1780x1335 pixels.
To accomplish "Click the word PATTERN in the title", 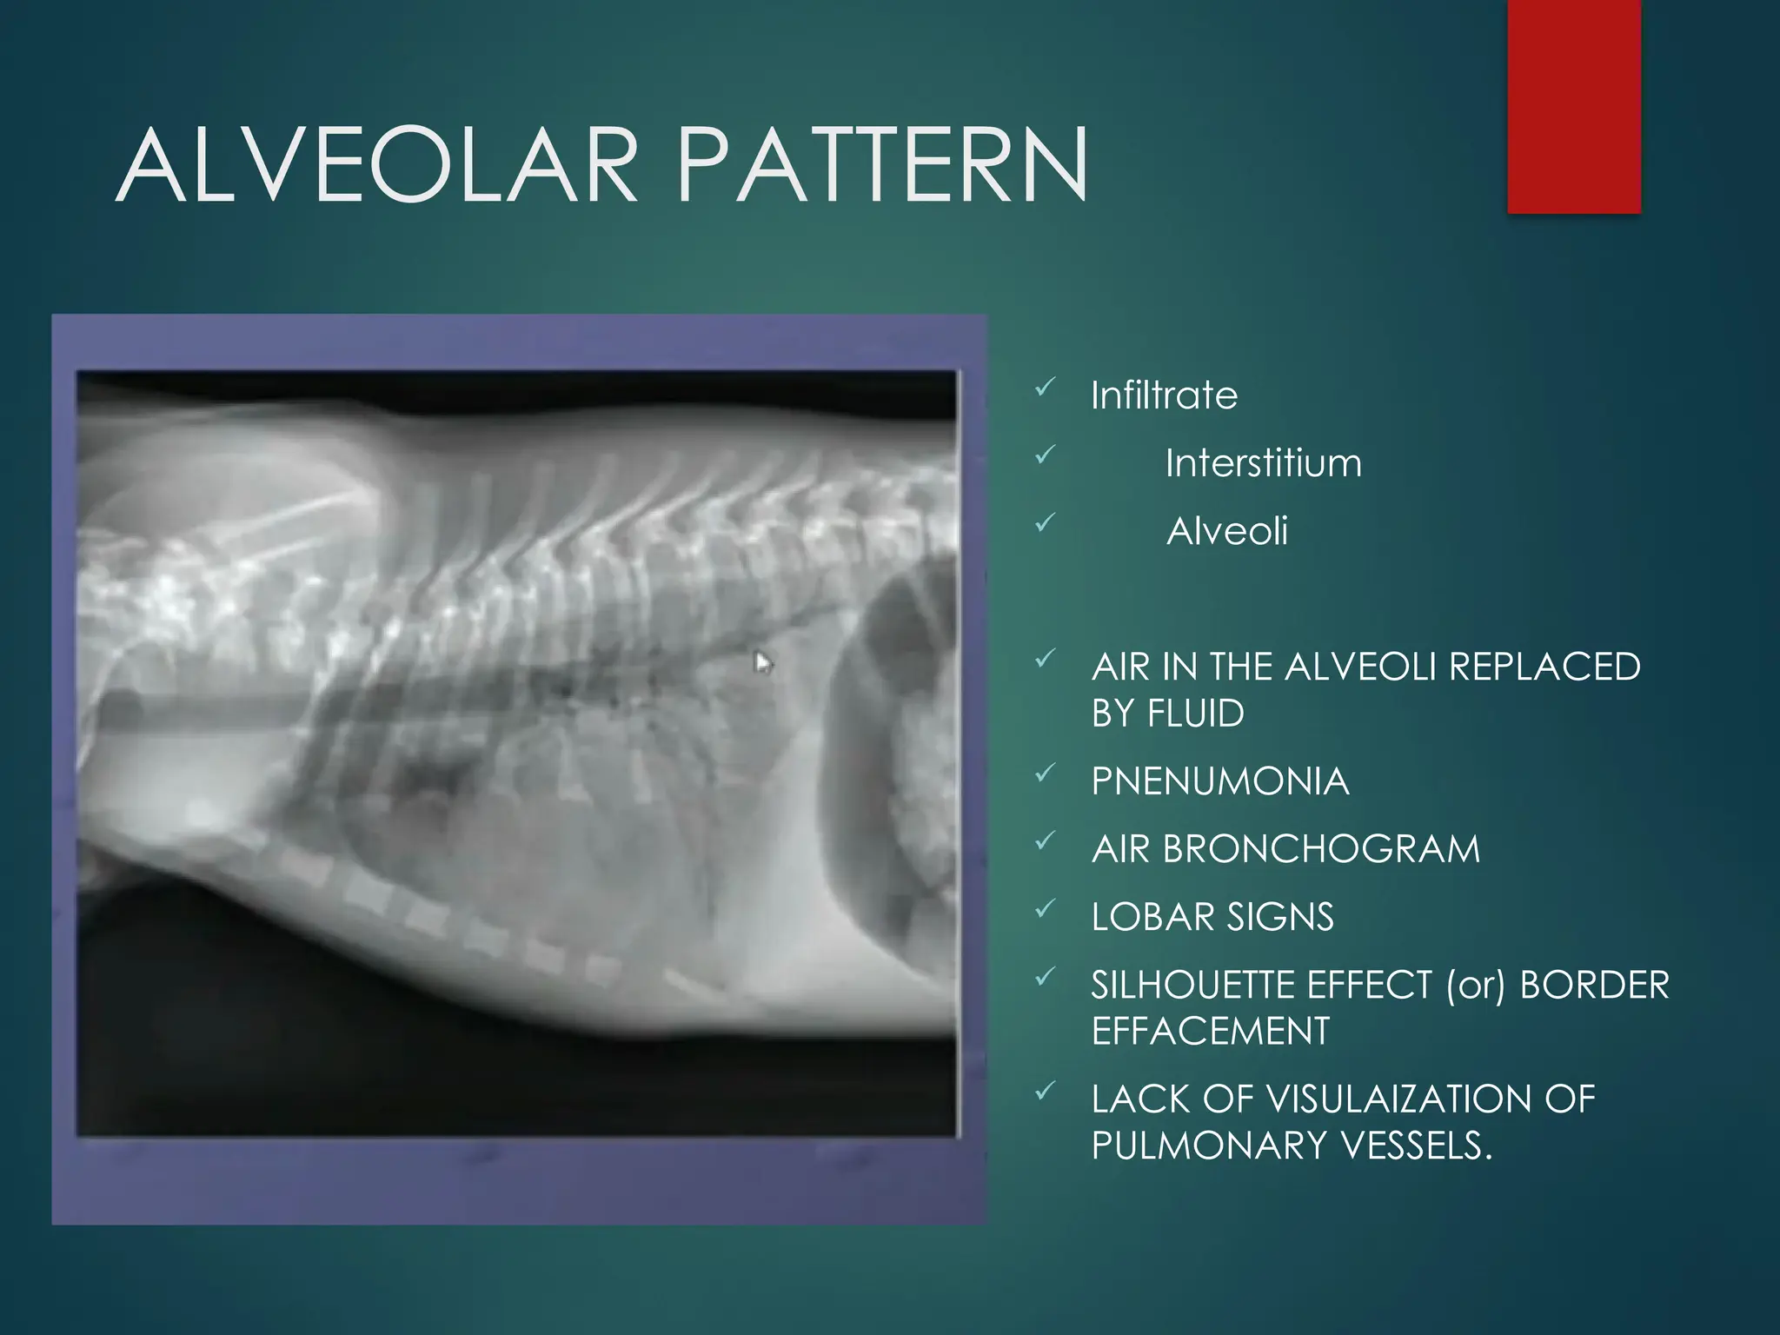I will pos(881,166).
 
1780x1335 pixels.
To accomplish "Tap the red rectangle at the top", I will pos(1573,106).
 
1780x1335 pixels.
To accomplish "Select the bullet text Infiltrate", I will pos(1164,395).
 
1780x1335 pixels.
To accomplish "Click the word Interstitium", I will pos(1263,463).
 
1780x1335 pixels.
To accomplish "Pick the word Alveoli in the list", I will pos(1226,531).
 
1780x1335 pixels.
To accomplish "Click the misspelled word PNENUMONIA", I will pos(1219,781).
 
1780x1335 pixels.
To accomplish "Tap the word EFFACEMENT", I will pos(1210,1032).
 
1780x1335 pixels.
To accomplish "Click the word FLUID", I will pos(1196,714).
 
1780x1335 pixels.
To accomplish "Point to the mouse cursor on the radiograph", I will pos(762,663).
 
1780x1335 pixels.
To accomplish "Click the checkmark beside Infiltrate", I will pos(1046,387).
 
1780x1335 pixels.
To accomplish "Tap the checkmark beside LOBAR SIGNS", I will pos(1046,908).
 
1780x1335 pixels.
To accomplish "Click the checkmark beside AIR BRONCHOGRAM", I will pos(1046,840).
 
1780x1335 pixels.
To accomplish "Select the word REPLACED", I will pos(1544,667).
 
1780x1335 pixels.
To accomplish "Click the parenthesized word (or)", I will pos(1475,986).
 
